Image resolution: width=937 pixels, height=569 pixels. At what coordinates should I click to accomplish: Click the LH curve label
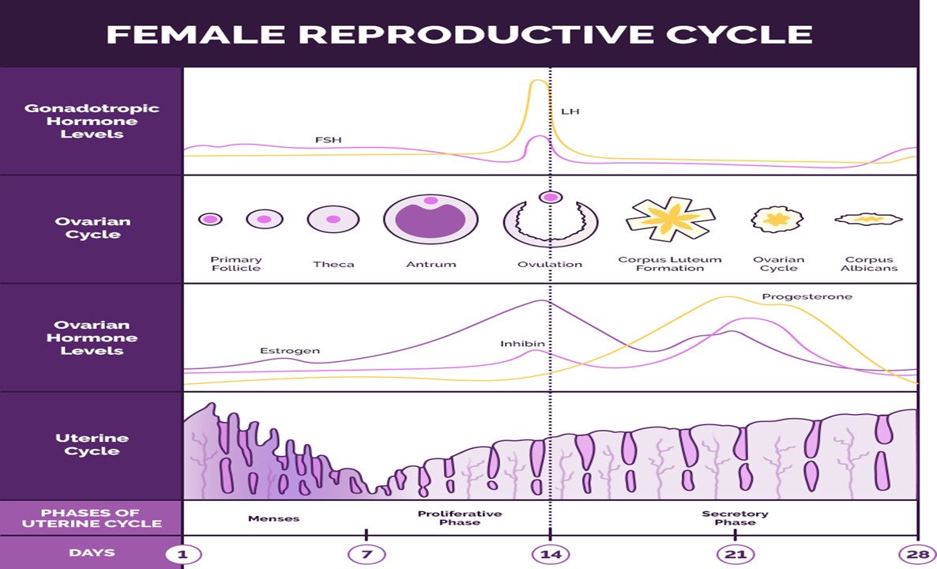(570, 111)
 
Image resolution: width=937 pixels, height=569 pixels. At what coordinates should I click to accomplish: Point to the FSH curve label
(328, 140)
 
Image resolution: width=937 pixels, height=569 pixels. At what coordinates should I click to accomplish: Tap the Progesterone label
(807, 296)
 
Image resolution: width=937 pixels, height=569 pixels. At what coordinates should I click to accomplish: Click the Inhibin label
(522, 344)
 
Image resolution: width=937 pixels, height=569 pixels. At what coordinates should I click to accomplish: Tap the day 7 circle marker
(366, 554)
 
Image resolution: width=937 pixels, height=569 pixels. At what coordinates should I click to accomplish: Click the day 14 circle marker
(551, 554)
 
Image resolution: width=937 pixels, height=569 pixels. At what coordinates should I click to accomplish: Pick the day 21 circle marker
(736, 554)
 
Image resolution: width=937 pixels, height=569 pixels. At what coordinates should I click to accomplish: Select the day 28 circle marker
(918, 554)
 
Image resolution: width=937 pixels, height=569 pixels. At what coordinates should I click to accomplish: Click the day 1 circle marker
(183, 554)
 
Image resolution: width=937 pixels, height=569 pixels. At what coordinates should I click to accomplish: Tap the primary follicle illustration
(210, 219)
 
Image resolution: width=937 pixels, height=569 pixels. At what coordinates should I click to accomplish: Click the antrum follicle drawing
(431, 219)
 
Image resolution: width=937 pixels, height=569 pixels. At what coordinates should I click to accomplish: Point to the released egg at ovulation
(551, 197)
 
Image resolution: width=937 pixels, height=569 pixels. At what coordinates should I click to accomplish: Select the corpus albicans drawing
(869, 219)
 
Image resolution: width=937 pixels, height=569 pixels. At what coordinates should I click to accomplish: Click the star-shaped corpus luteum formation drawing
(670, 219)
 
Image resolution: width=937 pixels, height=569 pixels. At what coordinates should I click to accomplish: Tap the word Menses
(273, 518)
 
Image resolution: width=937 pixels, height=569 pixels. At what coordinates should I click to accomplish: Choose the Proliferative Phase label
(459, 518)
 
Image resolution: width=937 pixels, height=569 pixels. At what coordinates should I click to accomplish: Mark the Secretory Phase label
(735, 518)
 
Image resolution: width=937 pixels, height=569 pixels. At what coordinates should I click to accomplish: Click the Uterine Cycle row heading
(92, 444)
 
